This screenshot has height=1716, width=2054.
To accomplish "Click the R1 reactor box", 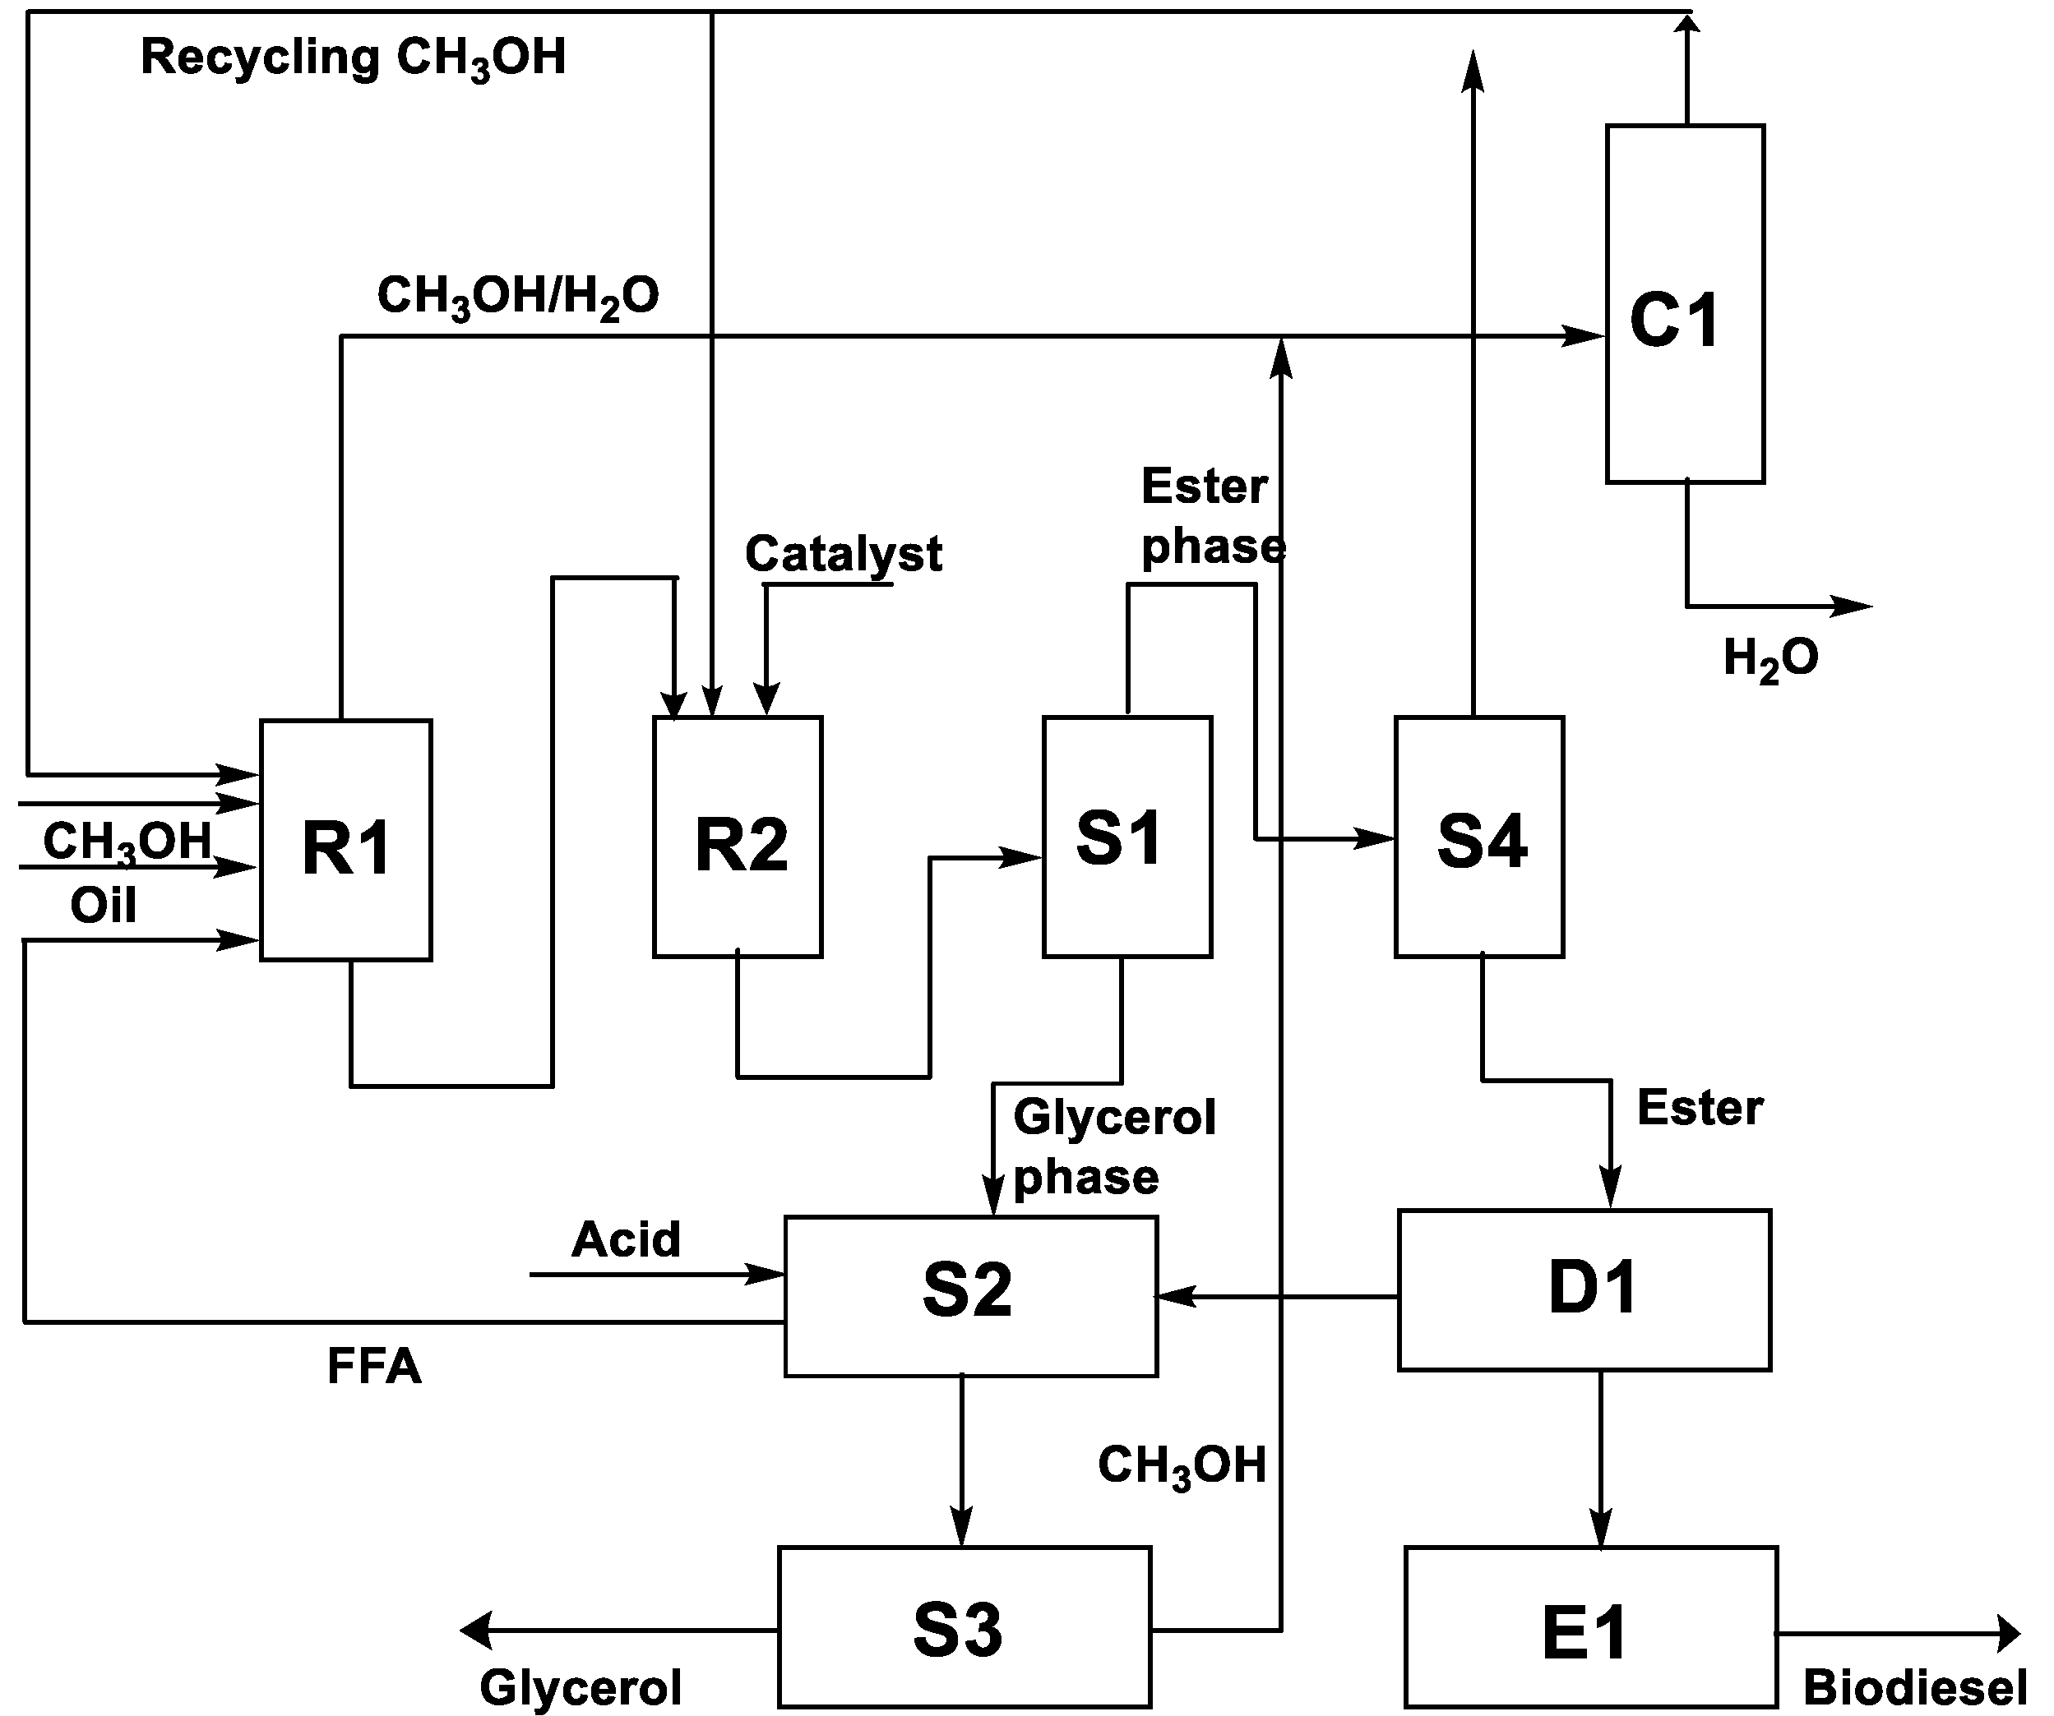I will (x=345, y=841).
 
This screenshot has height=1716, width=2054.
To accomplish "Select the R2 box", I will (x=738, y=837).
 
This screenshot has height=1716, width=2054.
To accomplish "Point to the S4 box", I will (x=1479, y=837).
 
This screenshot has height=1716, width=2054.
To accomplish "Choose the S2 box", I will (x=970, y=1295).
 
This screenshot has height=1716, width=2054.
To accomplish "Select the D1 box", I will (x=1584, y=1289).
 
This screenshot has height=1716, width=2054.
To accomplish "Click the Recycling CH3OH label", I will (x=353, y=57).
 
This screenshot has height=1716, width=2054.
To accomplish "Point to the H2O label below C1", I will (x=1770, y=657).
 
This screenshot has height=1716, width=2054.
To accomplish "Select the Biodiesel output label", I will (x=1914, y=1687).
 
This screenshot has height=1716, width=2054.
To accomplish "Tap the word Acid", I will (x=626, y=1240).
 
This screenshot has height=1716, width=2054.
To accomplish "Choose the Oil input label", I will (x=103, y=906).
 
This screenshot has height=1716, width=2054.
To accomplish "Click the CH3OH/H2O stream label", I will (x=518, y=295).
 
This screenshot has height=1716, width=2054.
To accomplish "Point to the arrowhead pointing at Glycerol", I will (x=476, y=1630).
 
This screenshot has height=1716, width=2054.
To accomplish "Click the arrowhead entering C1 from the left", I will (x=1584, y=335).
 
